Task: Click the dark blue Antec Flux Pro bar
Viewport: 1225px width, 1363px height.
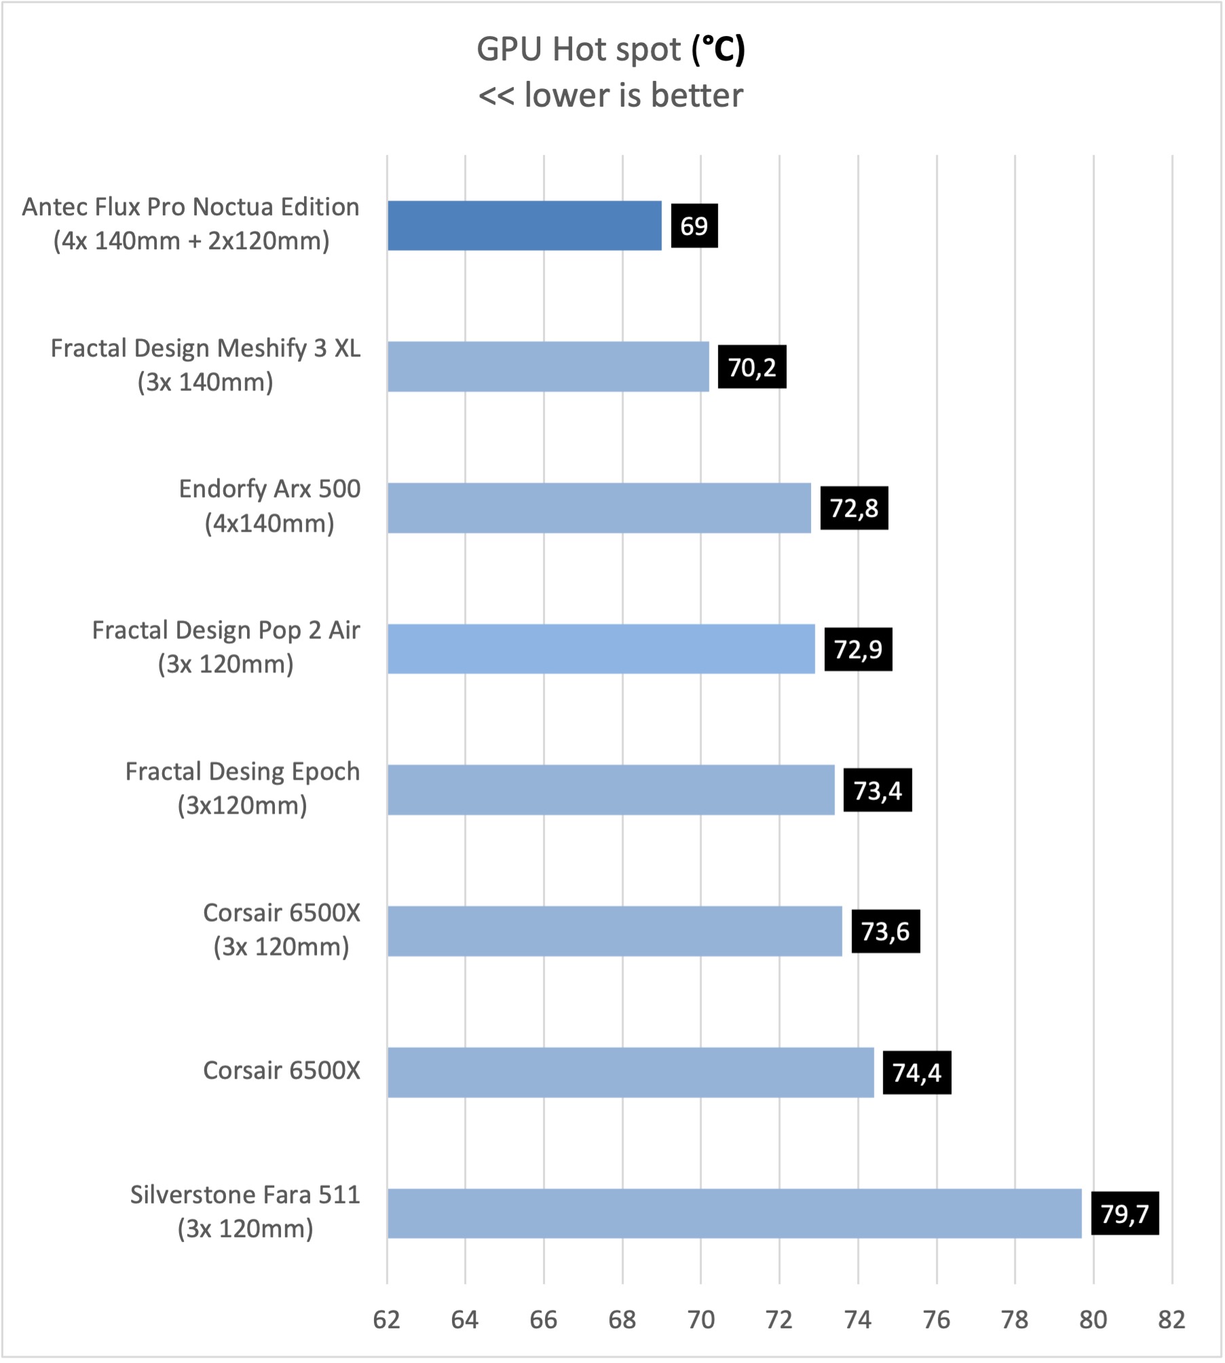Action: pos(524,225)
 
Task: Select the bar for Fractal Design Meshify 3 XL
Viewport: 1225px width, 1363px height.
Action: pos(548,367)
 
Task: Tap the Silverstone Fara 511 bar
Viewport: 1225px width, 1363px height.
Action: pos(734,1213)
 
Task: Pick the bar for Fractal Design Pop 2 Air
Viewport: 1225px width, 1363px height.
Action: pos(601,649)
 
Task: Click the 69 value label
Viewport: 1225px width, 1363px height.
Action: pos(694,225)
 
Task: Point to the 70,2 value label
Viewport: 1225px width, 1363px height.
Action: pos(751,367)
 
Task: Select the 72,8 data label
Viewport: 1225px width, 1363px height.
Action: pos(854,508)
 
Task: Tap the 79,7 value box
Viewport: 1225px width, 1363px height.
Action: pos(1124,1213)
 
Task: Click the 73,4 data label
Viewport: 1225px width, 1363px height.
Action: pos(877,790)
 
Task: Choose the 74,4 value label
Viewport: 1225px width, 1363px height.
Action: pos(916,1072)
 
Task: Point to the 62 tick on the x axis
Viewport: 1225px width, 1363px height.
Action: pos(386,1320)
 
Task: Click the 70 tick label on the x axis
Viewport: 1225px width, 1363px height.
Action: pos(700,1320)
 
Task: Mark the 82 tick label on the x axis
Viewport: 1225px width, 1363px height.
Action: pos(1171,1320)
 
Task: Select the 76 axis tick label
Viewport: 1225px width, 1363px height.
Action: pos(936,1320)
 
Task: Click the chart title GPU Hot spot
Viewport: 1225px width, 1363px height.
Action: pos(578,50)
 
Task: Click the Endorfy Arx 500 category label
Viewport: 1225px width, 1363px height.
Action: pos(269,506)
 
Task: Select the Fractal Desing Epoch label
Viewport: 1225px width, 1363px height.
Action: pos(242,788)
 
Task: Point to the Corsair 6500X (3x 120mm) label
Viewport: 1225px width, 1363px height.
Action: pos(281,930)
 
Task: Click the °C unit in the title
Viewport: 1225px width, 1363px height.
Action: pos(718,50)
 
